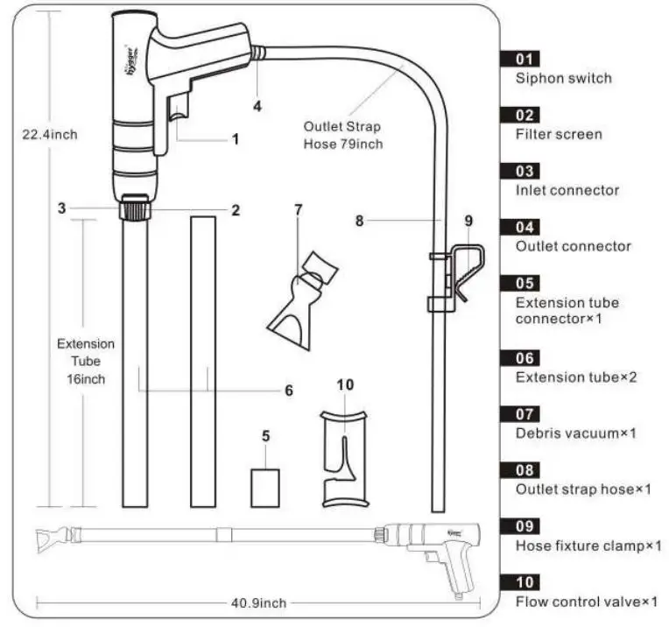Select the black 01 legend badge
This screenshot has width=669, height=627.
527,59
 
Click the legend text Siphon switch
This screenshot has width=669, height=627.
563,78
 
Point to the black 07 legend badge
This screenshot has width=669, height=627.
527,413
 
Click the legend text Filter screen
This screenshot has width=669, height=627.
558,134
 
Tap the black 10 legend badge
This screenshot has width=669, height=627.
527,581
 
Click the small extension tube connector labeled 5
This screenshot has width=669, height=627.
264,487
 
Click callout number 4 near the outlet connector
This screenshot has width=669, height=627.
257,107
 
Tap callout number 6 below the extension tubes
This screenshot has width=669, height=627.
288,391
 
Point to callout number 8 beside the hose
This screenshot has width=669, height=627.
359,222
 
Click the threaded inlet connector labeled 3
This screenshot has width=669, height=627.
133,210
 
